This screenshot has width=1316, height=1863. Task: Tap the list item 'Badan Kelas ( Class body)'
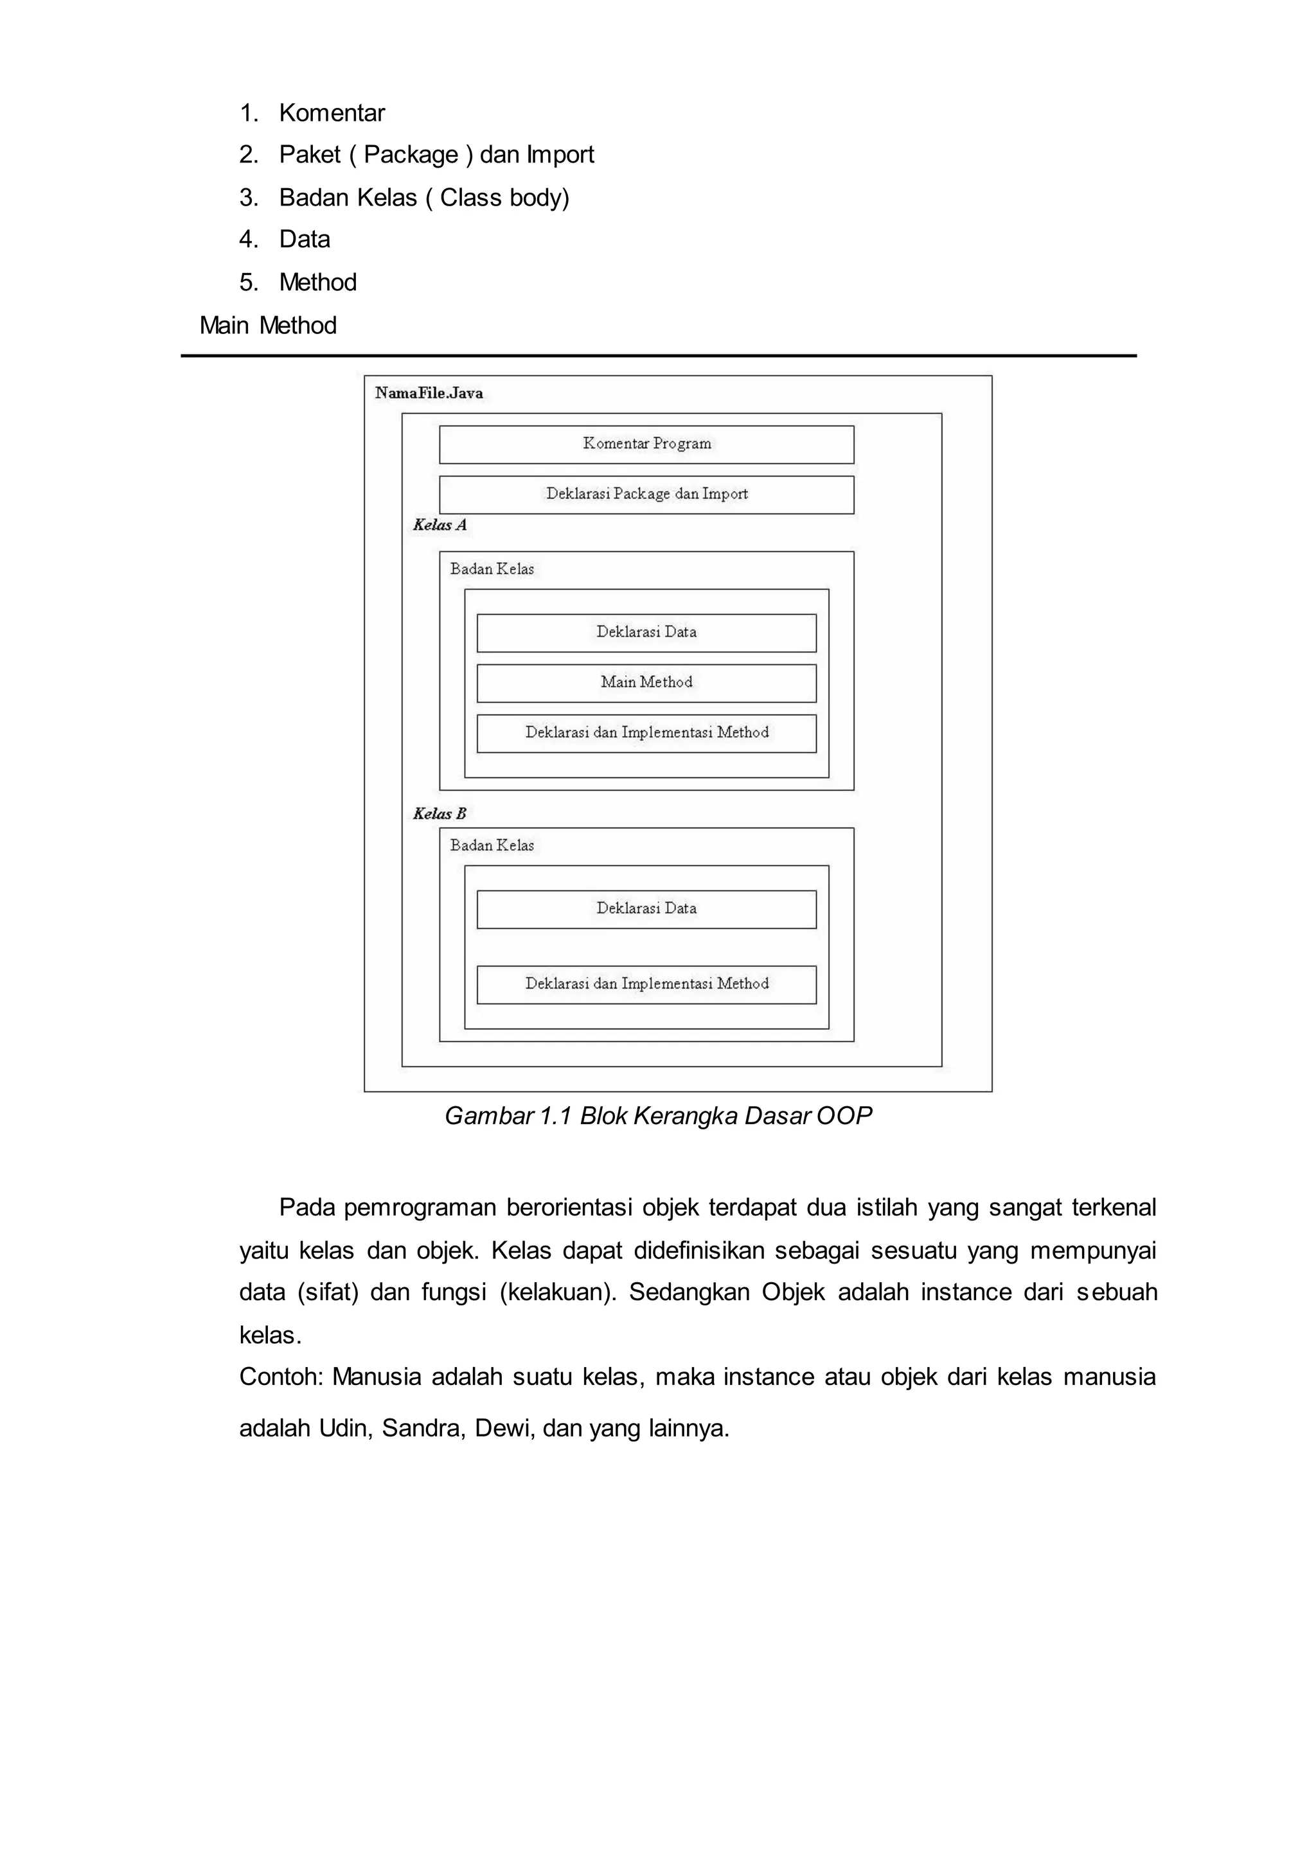[x=424, y=197]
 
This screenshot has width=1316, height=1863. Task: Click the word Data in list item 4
[x=305, y=240]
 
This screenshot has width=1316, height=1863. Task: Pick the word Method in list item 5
[x=317, y=283]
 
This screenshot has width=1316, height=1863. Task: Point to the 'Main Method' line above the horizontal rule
[x=268, y=325]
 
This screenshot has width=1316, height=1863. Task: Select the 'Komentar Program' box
[x=646, y=444]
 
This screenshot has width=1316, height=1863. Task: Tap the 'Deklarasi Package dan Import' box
[x=646, y=494]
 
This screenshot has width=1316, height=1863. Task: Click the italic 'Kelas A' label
[x=440, y=525]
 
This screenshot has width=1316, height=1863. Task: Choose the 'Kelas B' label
[x=440, y=814]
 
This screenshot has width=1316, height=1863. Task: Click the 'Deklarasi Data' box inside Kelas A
[x=646, y=632]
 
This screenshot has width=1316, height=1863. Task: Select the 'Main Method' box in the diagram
[x=646, y=682]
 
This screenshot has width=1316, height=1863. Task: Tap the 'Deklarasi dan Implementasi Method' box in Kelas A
[x=646, y=733]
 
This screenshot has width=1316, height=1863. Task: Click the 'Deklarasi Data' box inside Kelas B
[x=646, y=909]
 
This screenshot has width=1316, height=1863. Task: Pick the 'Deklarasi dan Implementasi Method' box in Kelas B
[x=646, y=984]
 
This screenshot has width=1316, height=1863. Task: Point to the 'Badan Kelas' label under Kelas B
[x=492, y=845]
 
